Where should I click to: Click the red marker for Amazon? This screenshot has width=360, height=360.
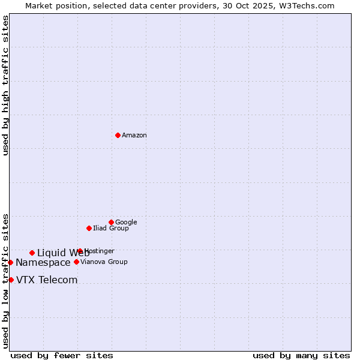click(x=118, y=135)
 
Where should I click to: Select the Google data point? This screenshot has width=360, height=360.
click(x=111, y=222)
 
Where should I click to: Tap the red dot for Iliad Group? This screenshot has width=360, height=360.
click(x=89, y=228)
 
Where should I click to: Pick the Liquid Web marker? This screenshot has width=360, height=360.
click(x=32, y=253)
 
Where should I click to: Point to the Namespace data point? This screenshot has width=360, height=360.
click(x=10, y=262)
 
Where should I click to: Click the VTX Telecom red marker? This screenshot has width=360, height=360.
click(x=11, y=280)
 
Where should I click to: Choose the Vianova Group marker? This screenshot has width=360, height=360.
click(x=76, y=262)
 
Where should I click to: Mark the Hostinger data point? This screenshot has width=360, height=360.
click(x=80, y=251)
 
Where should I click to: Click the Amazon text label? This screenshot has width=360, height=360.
click(x=134, y=136)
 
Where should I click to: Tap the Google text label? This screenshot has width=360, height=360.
click(x=126, y=223)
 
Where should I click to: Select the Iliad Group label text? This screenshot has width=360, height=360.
click(x=111, y=229)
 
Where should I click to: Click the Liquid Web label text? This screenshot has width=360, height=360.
click(x=62, y=253)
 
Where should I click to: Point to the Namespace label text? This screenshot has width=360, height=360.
click(x=43, y=263)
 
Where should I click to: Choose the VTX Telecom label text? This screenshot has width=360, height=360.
click(x=47, y=280)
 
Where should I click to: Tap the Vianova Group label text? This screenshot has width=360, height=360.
click(x=104, y=262)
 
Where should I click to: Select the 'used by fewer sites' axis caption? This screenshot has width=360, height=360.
click(x=62, y=355)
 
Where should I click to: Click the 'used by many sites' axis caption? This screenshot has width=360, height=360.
click(x=301, y=355)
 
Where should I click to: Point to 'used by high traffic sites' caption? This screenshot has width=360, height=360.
click(x=5, y=85)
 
